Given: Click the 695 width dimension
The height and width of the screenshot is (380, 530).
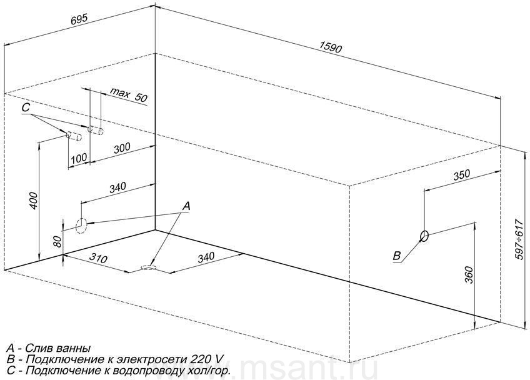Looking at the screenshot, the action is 80,19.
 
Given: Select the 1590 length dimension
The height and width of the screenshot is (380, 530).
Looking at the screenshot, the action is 330,47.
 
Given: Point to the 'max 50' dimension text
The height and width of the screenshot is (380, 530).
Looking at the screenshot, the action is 129,95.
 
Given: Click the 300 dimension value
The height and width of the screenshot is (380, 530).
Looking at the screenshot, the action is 122,148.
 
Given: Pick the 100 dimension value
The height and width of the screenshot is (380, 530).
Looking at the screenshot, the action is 79,158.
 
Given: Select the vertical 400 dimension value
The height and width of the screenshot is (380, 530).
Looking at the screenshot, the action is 34,201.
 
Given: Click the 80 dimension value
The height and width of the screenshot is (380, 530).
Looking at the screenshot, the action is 57,241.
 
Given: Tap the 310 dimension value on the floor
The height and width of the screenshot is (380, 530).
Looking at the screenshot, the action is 98,259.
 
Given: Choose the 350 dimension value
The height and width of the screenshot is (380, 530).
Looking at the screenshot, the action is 461,175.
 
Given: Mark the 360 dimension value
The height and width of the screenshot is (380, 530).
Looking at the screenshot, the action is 470,275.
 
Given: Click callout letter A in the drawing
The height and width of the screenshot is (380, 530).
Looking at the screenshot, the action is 186,206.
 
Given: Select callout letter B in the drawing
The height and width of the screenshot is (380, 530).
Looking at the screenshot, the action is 397,256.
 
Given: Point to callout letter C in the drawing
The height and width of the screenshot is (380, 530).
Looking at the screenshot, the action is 26,107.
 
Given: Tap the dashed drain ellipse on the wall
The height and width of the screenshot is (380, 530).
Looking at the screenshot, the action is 81,226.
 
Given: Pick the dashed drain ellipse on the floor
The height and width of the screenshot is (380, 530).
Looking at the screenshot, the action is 148,267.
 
